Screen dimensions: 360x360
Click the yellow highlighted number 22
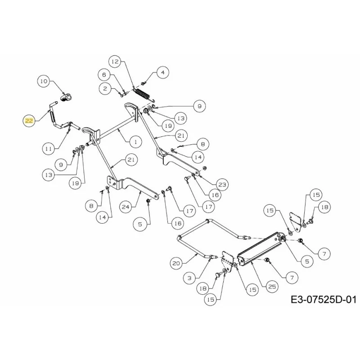(x=29, y=121)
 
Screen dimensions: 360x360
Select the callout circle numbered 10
(x=44, y=81)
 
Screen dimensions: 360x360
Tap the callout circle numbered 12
(x=115, y=61)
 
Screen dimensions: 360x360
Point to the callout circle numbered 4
(x=163, y=72)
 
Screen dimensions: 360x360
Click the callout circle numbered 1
(x=135, y=142)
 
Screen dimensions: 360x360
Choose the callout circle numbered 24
(x=126, y=207)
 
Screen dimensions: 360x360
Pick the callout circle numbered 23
(x=222, y=184)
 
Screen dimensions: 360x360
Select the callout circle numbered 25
(x=272, y=287)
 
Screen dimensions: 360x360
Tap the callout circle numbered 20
(x=176, y=263)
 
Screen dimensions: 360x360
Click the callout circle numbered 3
(x=189, y=278)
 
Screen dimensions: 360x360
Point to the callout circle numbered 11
(x=49, y=149)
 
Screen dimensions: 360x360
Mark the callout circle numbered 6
(x=104, y=75)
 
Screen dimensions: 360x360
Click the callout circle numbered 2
(x=105, y=88)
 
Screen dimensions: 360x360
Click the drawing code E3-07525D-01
(x=324, y=300)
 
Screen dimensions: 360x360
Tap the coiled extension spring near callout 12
(x=143, y=94)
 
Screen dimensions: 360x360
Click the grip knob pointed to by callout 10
(x=66, y=97)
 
